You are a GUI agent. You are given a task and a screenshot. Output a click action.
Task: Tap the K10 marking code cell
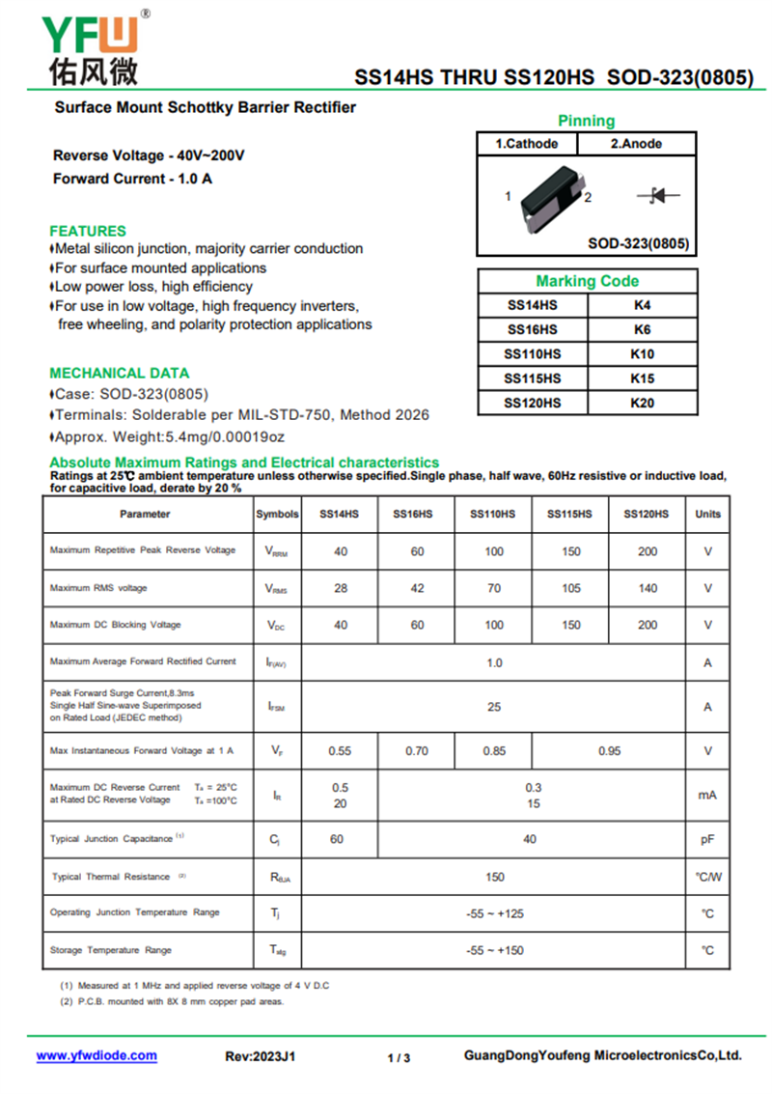point(642,354)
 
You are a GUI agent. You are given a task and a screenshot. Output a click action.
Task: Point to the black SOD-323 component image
point(547,198)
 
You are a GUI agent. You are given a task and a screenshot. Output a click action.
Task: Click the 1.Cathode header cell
point(527,144)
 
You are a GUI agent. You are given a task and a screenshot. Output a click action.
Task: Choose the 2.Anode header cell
point(636,144)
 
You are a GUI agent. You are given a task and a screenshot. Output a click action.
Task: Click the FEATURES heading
point(88,231)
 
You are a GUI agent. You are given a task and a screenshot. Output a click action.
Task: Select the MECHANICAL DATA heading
point(120,373)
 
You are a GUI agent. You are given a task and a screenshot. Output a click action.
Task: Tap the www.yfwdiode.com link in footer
point(96,1055)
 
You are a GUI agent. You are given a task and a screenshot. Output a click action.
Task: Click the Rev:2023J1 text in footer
point(261,1056)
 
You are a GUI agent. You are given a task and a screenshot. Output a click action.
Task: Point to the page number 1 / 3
point(399,1057)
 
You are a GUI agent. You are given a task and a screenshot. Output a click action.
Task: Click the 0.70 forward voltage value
point(417,750)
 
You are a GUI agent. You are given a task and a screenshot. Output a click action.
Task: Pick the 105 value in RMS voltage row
point(570,588)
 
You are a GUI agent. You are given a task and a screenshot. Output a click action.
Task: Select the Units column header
point(707,515)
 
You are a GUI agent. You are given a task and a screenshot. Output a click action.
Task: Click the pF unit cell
point(707,840)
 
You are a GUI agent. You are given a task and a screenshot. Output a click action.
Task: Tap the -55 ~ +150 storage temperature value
point(494,950)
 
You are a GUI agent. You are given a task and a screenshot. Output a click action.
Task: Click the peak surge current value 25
point(494,707)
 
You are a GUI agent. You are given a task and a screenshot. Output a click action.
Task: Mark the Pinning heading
point(586,121)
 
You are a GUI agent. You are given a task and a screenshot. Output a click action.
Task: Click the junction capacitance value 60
point(337,839)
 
